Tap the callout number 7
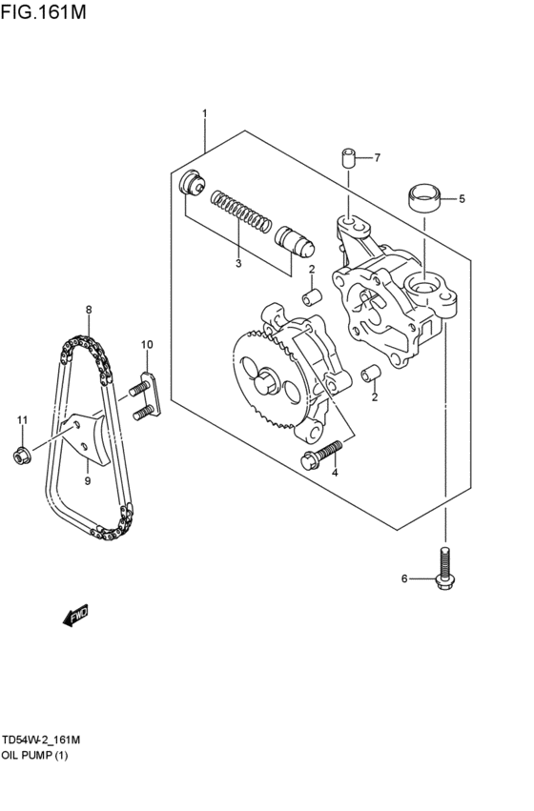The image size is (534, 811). click(x=377, y=157)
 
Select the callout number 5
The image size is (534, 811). click(x=462, y=199)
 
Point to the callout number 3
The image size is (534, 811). click(x=238, y=263)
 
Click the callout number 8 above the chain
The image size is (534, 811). click(x=88, y=310)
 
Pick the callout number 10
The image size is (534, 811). click(x=147, y=344)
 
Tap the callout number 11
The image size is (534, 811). click(x=21, y=420)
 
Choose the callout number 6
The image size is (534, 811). click(x=403, y=578)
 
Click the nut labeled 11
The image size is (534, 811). click(x=19, y=456)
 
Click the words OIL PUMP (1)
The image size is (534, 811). click(x=35, y=755)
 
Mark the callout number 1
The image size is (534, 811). click(x=204, y=114)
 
